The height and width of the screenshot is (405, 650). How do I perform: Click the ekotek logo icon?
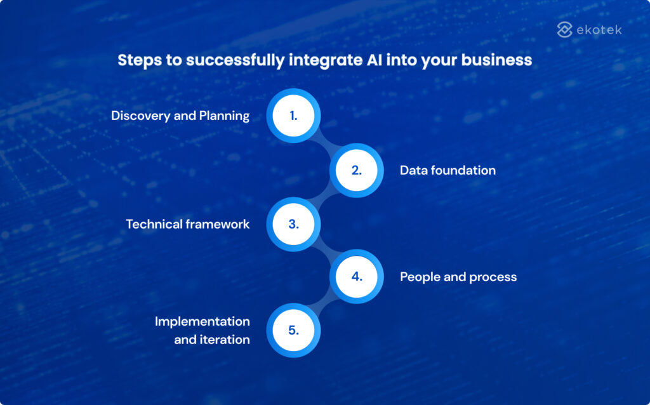pyautogui.click(x=565, y=30)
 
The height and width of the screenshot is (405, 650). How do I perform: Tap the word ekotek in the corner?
pyautogui.click(x=599, y=30)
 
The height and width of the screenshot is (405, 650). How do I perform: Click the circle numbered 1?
pyautogui.click(x=293, y=116)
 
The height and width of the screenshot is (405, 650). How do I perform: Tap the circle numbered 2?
pyautogui.click(x=356, y=170)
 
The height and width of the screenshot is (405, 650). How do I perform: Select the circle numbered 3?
pyautogui.click(x=293, y=224)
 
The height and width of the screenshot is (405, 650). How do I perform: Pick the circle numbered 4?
pyautogui.click(x=356, y=277)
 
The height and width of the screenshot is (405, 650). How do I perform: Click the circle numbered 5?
pyautogui.click(x=293, y=330)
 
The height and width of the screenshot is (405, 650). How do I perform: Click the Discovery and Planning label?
pyautogui.click(x=180, y=116)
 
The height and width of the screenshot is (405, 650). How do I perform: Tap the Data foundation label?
pyautogui.click(x=448, y=170)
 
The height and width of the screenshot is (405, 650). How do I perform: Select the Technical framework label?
pyautogui.click(x=187, y=224)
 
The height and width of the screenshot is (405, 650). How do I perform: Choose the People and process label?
pyautogui.click(x=458, y=277)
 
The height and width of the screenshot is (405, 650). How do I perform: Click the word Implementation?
pyautogui.click(x=202, y=321)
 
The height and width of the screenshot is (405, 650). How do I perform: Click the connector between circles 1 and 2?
pyautogui.click(x=325, y=143)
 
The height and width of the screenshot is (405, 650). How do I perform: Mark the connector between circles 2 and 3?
pyautogui.click(x=325, y=197)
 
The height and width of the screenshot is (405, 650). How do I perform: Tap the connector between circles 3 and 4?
pyautogui.click(x=325, y=251)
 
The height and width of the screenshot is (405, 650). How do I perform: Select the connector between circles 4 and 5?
pyautogui.click(x=325, y=304)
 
